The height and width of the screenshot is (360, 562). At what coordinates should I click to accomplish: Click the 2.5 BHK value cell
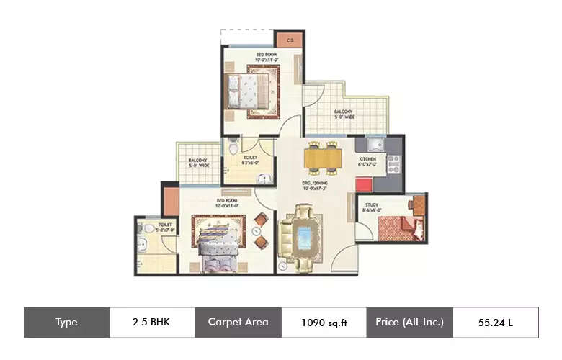pos(152,323)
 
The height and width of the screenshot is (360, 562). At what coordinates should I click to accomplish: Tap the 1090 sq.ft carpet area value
pos(324,323)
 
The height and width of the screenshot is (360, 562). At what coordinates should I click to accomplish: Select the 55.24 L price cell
pos(495,323)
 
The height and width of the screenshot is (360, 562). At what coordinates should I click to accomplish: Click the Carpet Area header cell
pos(238,323)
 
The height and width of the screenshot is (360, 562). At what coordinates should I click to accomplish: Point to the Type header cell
pos(66,323)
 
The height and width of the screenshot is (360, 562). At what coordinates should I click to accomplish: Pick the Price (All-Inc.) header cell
pos(409,323)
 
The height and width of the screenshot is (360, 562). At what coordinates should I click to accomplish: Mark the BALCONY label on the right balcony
pos(343,114)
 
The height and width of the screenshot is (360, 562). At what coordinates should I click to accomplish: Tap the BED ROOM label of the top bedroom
pos(265,55)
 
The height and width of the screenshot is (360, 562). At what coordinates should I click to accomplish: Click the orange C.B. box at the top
pos(289,40)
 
